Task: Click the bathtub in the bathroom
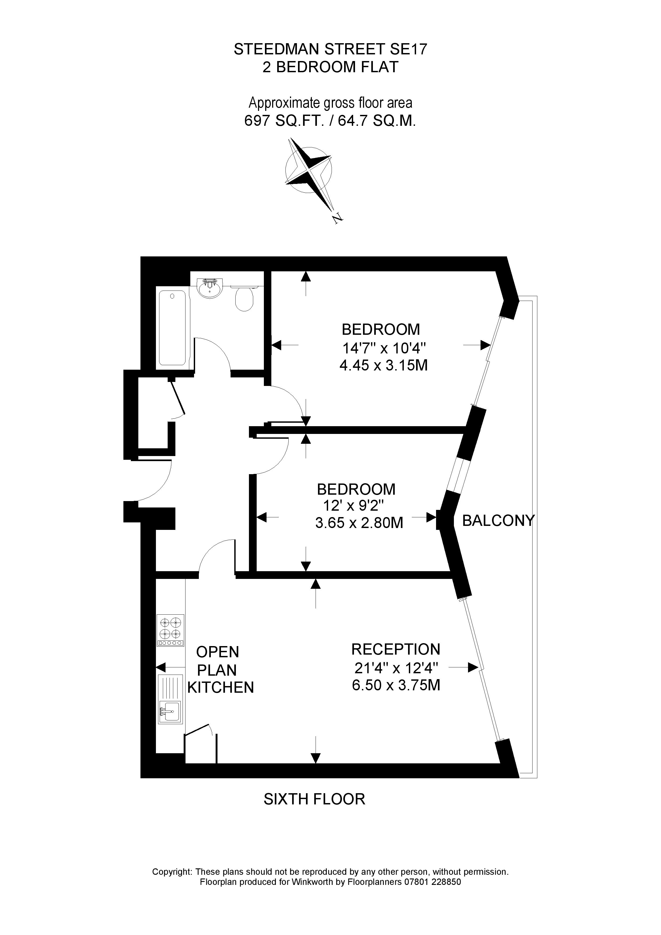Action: (172, 328)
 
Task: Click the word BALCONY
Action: (498, 521)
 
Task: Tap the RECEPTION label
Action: (396, 649)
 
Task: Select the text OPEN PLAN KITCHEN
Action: (220, 670)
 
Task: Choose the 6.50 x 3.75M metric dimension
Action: (396, 685)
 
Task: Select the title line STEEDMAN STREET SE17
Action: (330, 49)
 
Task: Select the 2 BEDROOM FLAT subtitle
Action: (330, 67)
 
